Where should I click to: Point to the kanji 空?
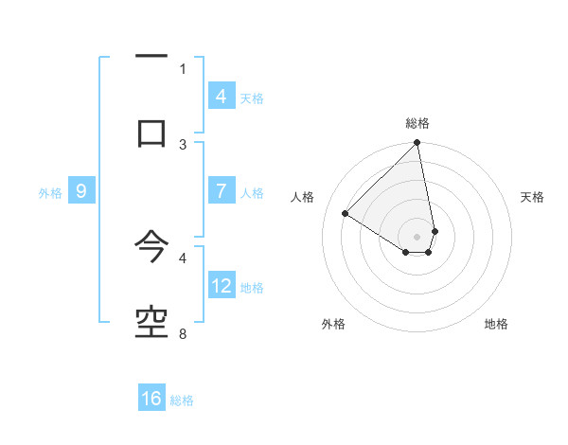151,323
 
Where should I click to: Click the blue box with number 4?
221,97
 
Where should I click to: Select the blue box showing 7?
221,191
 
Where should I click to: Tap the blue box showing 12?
222,286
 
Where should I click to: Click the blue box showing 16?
151,399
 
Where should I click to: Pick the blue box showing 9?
81,191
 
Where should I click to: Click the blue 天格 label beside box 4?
252,98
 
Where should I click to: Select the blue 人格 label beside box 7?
252,193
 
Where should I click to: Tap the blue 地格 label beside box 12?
252,288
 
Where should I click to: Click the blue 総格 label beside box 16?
182,400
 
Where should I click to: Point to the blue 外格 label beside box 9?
50,193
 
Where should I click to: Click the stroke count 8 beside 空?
183,333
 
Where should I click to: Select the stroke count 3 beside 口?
183,144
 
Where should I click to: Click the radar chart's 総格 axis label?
417,123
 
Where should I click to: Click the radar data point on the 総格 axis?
417,144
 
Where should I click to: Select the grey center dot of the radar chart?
417,236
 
